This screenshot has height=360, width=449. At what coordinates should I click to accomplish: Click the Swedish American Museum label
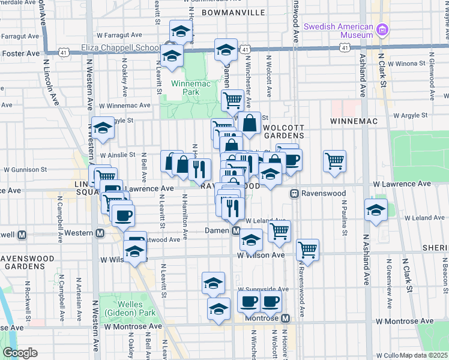(x=339, y=31)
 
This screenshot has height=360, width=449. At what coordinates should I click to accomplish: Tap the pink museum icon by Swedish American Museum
(x=382, y=28)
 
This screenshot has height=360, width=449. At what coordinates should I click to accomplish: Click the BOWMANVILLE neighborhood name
(x=233, y=12)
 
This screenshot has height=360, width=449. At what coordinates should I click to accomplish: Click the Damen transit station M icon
(x=236, y=230)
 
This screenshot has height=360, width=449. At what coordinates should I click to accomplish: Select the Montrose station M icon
(x=286, y=317)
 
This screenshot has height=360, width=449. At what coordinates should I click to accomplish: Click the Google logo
(x=20, y=353)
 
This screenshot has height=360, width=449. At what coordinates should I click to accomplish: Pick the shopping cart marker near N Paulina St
(x=334, y=160)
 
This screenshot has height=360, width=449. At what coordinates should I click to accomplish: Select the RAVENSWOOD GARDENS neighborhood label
(x=28, y=263)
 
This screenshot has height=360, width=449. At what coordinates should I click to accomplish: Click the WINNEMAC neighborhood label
(x=354, y=121)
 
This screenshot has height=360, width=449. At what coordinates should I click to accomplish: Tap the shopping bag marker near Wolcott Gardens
(x=249, y=122)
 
